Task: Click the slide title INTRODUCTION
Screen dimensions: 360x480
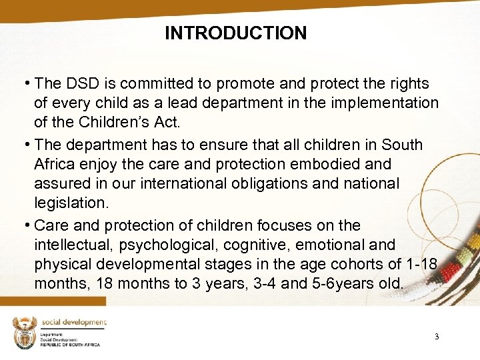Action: click(x=236, y=33)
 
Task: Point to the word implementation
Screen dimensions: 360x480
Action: click(x=389, y=103)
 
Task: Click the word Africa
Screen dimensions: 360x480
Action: click(x=57, y=164)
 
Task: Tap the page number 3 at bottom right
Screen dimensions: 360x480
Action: click(x=437, y=337)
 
